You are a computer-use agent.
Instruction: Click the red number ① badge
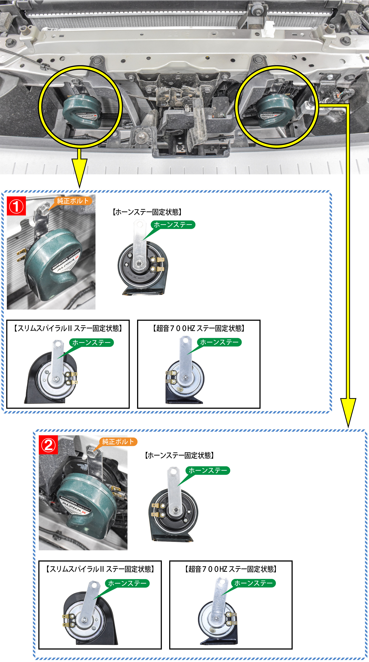16,206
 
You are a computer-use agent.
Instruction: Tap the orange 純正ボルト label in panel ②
118,442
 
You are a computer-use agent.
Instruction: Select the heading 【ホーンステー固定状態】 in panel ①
147,212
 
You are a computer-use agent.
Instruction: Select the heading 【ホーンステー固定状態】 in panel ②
179,455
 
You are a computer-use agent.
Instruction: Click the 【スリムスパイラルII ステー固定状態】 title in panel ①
68,328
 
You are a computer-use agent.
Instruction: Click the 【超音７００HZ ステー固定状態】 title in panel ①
199,328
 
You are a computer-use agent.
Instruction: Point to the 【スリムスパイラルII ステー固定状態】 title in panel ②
100,569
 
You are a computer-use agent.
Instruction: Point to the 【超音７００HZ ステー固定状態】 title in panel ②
231,569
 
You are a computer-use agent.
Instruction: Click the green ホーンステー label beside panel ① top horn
173,225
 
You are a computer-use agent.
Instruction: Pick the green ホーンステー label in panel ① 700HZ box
219,342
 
